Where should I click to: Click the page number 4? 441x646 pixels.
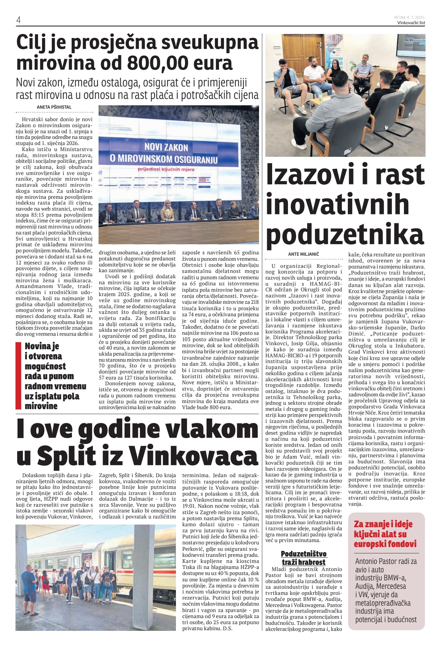[x=19, y=20]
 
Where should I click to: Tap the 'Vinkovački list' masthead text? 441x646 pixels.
[x=411, y=23]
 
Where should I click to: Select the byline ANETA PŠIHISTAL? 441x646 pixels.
[x=54, y=107]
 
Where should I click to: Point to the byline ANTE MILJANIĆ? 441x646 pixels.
[x=303, y=254]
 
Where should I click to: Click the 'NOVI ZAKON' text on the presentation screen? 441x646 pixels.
[x=166, y=147]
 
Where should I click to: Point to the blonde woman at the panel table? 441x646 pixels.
[x=167, y=211]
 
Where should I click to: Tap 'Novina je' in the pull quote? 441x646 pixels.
[x=42, y=346]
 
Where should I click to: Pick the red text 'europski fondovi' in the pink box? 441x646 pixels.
[x=385, y=544]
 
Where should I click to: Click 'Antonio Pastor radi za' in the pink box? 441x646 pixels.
[x=386, y=561]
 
